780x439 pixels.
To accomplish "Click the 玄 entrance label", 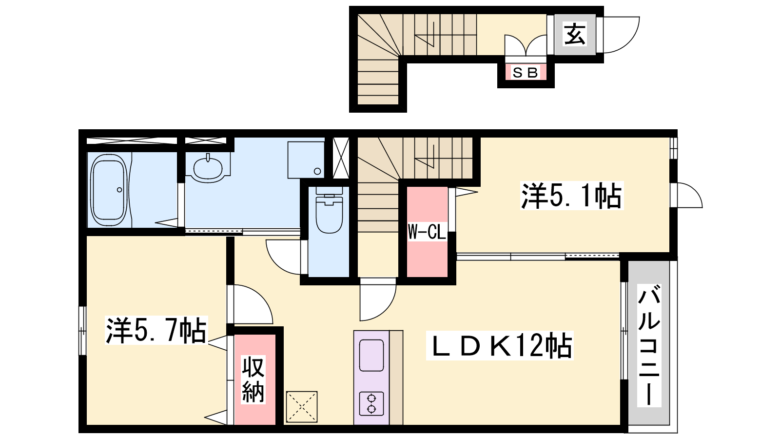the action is coord(575,34).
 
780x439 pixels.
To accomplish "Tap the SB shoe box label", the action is coord(526,73).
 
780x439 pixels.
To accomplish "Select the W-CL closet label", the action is coord(427,232).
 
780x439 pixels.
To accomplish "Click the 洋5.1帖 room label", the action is coord(571,196).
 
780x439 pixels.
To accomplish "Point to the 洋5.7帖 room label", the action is coord(156,330).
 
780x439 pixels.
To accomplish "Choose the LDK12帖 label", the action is coord(500,346).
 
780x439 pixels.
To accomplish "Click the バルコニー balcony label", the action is coord(649,345).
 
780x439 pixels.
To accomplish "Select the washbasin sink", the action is coord(208,168).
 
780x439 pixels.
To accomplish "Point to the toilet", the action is coord(329,210).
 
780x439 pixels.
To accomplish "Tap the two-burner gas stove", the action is coord(371,403).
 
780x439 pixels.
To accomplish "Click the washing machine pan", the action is coord(306,160).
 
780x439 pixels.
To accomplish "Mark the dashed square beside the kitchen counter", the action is coord(302,407).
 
